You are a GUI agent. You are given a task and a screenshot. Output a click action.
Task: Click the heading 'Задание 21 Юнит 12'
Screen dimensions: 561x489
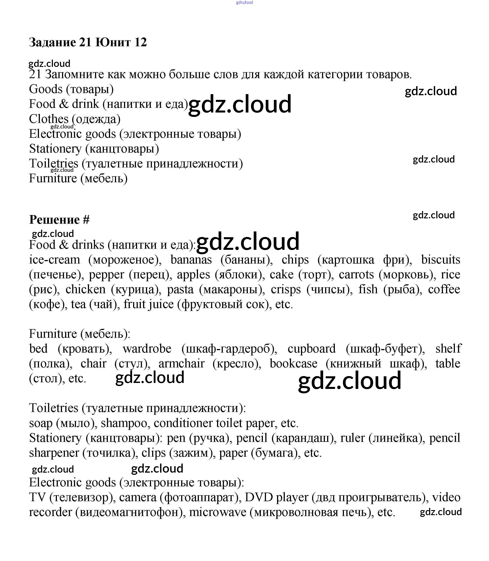click(88, 42)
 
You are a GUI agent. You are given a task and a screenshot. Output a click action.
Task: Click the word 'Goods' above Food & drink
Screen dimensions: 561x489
click(46, 89)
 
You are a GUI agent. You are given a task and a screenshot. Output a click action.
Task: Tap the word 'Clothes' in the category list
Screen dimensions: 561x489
click(49, 119)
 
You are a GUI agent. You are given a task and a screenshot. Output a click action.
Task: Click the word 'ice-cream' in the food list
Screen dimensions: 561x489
click(54, 260)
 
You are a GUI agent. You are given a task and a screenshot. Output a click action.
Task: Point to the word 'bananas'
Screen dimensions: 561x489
click(191, 260)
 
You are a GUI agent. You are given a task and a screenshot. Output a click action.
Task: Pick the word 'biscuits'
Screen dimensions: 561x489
click(440, 260)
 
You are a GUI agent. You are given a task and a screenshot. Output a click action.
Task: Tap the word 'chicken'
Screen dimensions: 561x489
click(85, 289)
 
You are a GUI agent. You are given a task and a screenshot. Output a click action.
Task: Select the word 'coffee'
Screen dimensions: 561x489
click(444, 289)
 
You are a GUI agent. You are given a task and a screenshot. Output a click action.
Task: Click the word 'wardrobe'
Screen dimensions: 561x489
click(147, 349)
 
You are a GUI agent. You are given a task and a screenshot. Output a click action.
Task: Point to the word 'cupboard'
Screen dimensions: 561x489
click(311, 349)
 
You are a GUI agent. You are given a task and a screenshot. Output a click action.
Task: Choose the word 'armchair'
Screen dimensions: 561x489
click(181, 364)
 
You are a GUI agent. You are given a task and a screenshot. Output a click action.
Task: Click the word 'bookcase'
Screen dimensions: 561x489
click(294, 364)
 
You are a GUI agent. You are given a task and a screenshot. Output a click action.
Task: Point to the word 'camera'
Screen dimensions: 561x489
click(138, 497)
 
